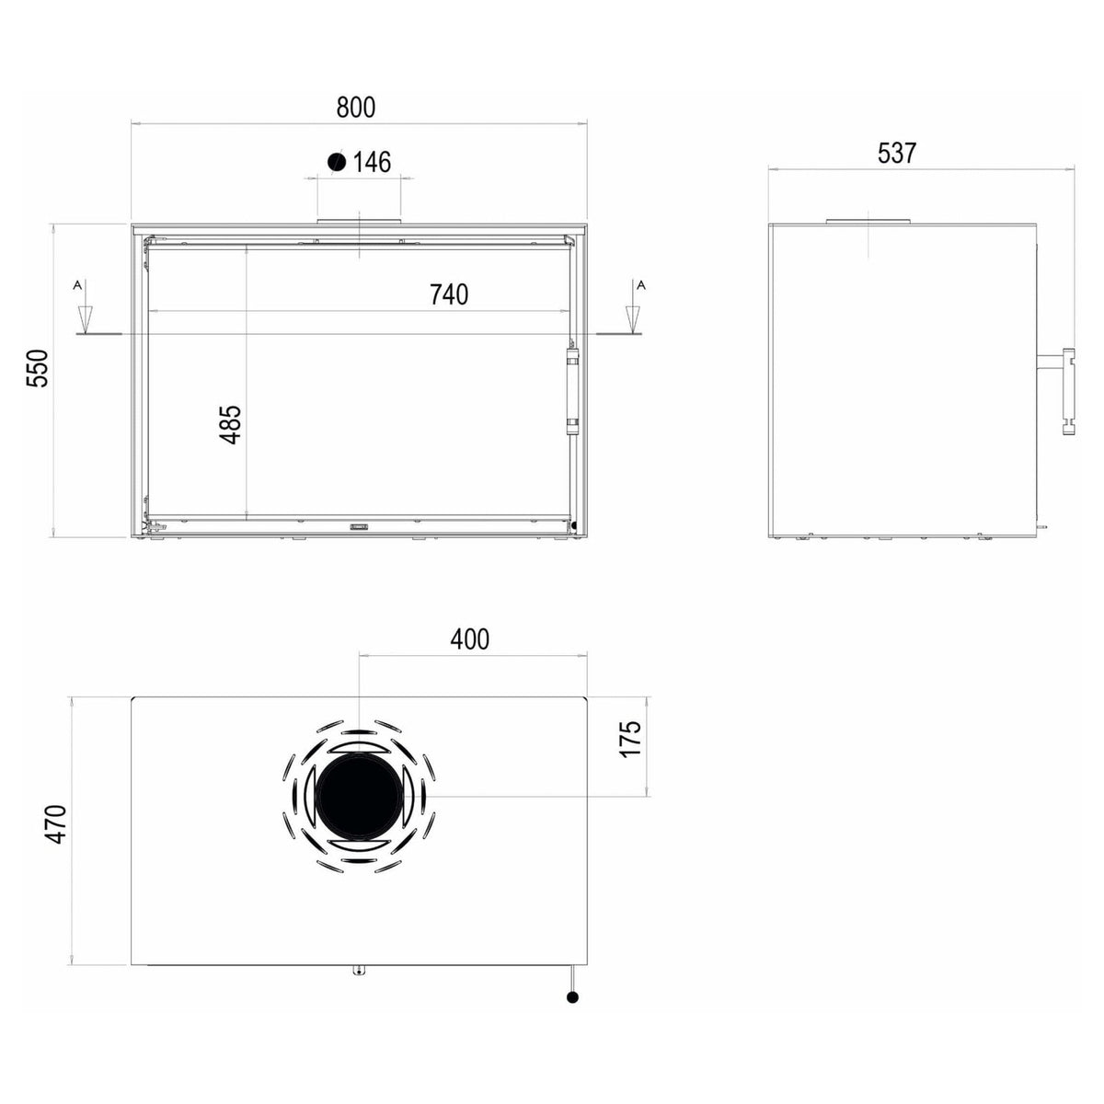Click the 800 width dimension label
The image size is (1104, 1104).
click(x=356, y=108)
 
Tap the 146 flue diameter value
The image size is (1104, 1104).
click(x=372, y=162)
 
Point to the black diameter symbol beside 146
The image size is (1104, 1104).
click(x=337, y=162)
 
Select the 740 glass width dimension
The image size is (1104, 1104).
click(x=449, y=294)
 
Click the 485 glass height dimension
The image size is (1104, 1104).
click(x=231, y=424)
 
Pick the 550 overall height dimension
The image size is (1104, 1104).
click(x=38, y=368)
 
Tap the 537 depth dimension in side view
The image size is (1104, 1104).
click(x=897, y=154)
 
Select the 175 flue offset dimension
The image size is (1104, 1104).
click(x=631, y=739)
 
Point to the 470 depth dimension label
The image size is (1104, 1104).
click(x=56, y=824)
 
